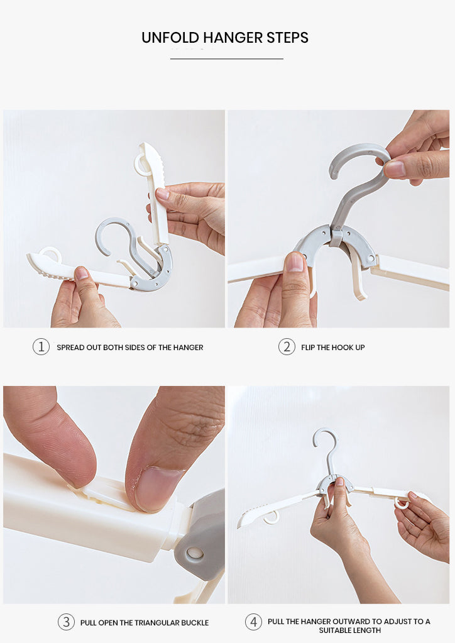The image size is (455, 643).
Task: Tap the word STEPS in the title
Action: pyautogui.click(x=287, y=38)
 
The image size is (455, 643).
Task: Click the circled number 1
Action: pyautogui.click(x=41, y=347)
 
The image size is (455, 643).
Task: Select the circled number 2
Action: pyautogui.click(x=287, y=347)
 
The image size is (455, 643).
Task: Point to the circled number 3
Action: pyautogui.click(x=66, y=622)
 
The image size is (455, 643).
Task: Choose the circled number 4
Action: pyautogui.click(x=253, y=622)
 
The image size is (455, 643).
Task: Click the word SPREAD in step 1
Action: pyautogui.click(x=70, y=348)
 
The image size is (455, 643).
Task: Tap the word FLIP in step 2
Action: pyautogui.click(x=308, y=348)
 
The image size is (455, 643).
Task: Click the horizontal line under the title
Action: pyautogui.click(x=227, y=58)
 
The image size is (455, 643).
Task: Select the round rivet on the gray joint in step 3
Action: pyautogui.click(x=195, y=554)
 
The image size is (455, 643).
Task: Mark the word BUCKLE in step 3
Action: pyautogui.click(x=195, y=622)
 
